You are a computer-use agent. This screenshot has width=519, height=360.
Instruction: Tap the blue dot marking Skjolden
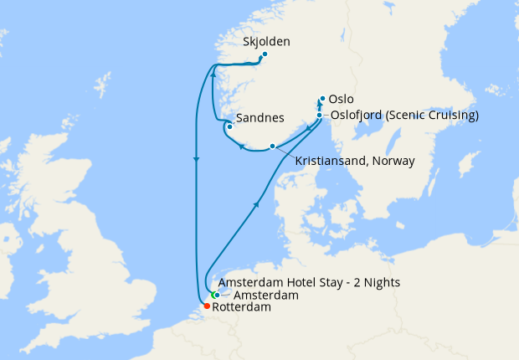pyautogui.click(x=265, y=55)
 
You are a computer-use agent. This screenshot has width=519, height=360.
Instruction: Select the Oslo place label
pyautogui.click(x=342, y=99)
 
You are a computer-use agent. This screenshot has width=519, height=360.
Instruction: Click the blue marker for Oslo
pyautogui.click(x=322, y=98)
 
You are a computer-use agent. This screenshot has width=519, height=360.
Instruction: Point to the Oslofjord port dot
pyautogui.click(x=320, y=116)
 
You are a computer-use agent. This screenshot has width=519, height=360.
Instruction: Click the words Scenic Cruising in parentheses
pyautogui.click(x=432, y=116)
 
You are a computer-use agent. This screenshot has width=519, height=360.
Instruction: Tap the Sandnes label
pyautogui.click(x=261, y=118)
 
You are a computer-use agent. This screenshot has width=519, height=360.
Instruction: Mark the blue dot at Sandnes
pyautogui.click(x=230, y=127)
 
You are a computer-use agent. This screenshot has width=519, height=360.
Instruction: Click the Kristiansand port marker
pyautogui.click(x=272, y=147)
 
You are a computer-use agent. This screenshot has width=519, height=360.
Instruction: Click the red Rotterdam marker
pyautogui.click(x=207, y=306)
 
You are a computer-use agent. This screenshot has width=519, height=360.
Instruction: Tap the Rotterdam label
pyautogui.click(x=242, y=308)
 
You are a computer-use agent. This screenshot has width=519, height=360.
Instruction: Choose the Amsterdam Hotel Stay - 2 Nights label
pyautogui.click(x=308, y=282)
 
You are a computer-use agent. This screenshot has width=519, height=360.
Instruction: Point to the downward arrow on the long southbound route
pyautogui.click(x=196, y=159)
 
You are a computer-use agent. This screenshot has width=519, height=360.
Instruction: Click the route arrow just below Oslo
pyautogui.click(x=320, y=106)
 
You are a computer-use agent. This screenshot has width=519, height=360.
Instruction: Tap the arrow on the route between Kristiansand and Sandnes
pyautogui.click(x=242, y=147)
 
